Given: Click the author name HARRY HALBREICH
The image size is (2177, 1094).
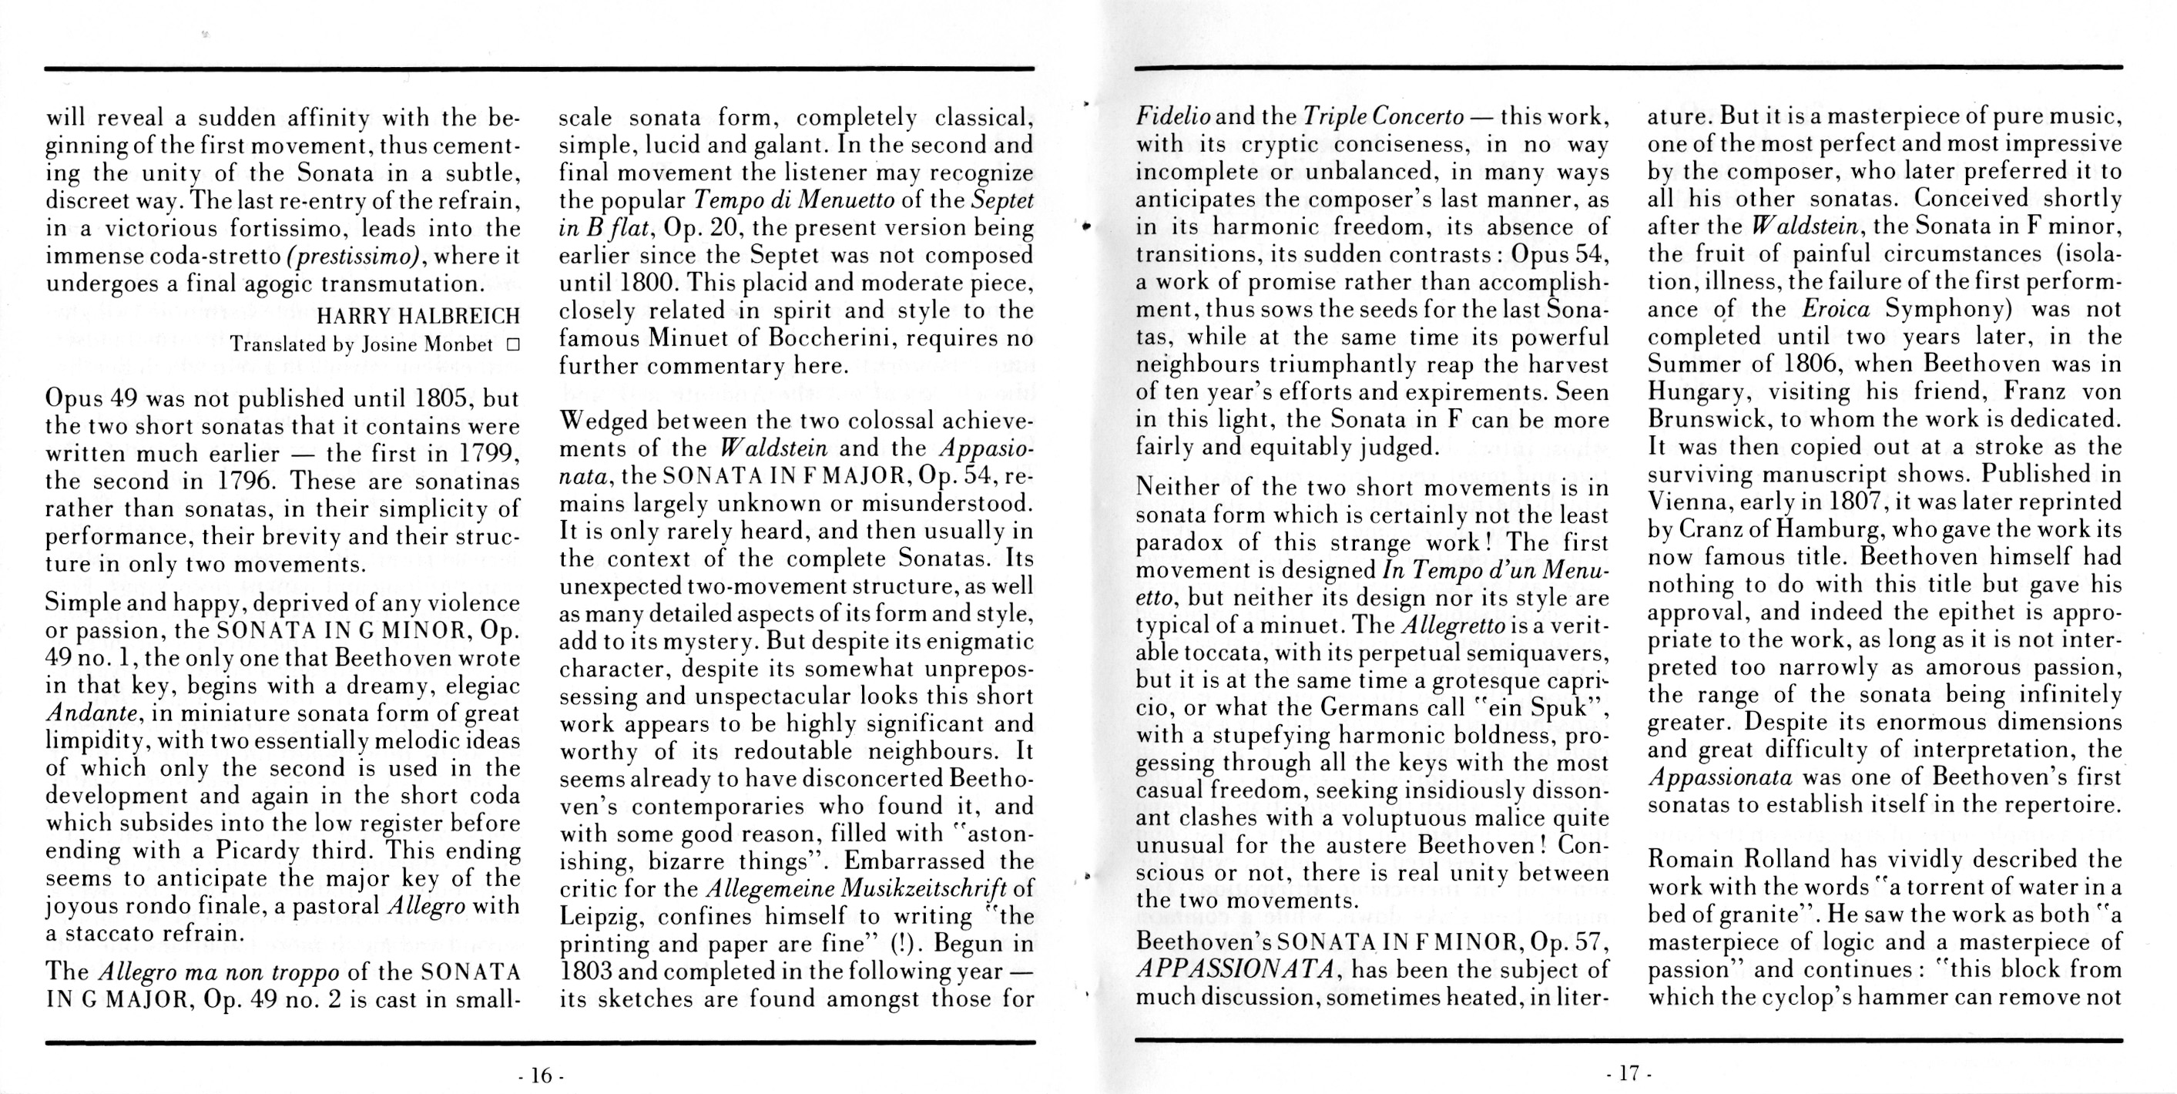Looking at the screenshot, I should (418, 316).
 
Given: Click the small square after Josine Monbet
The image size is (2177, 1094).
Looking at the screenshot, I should (512, 344).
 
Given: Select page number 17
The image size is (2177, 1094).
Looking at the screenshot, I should (1629, 1074).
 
